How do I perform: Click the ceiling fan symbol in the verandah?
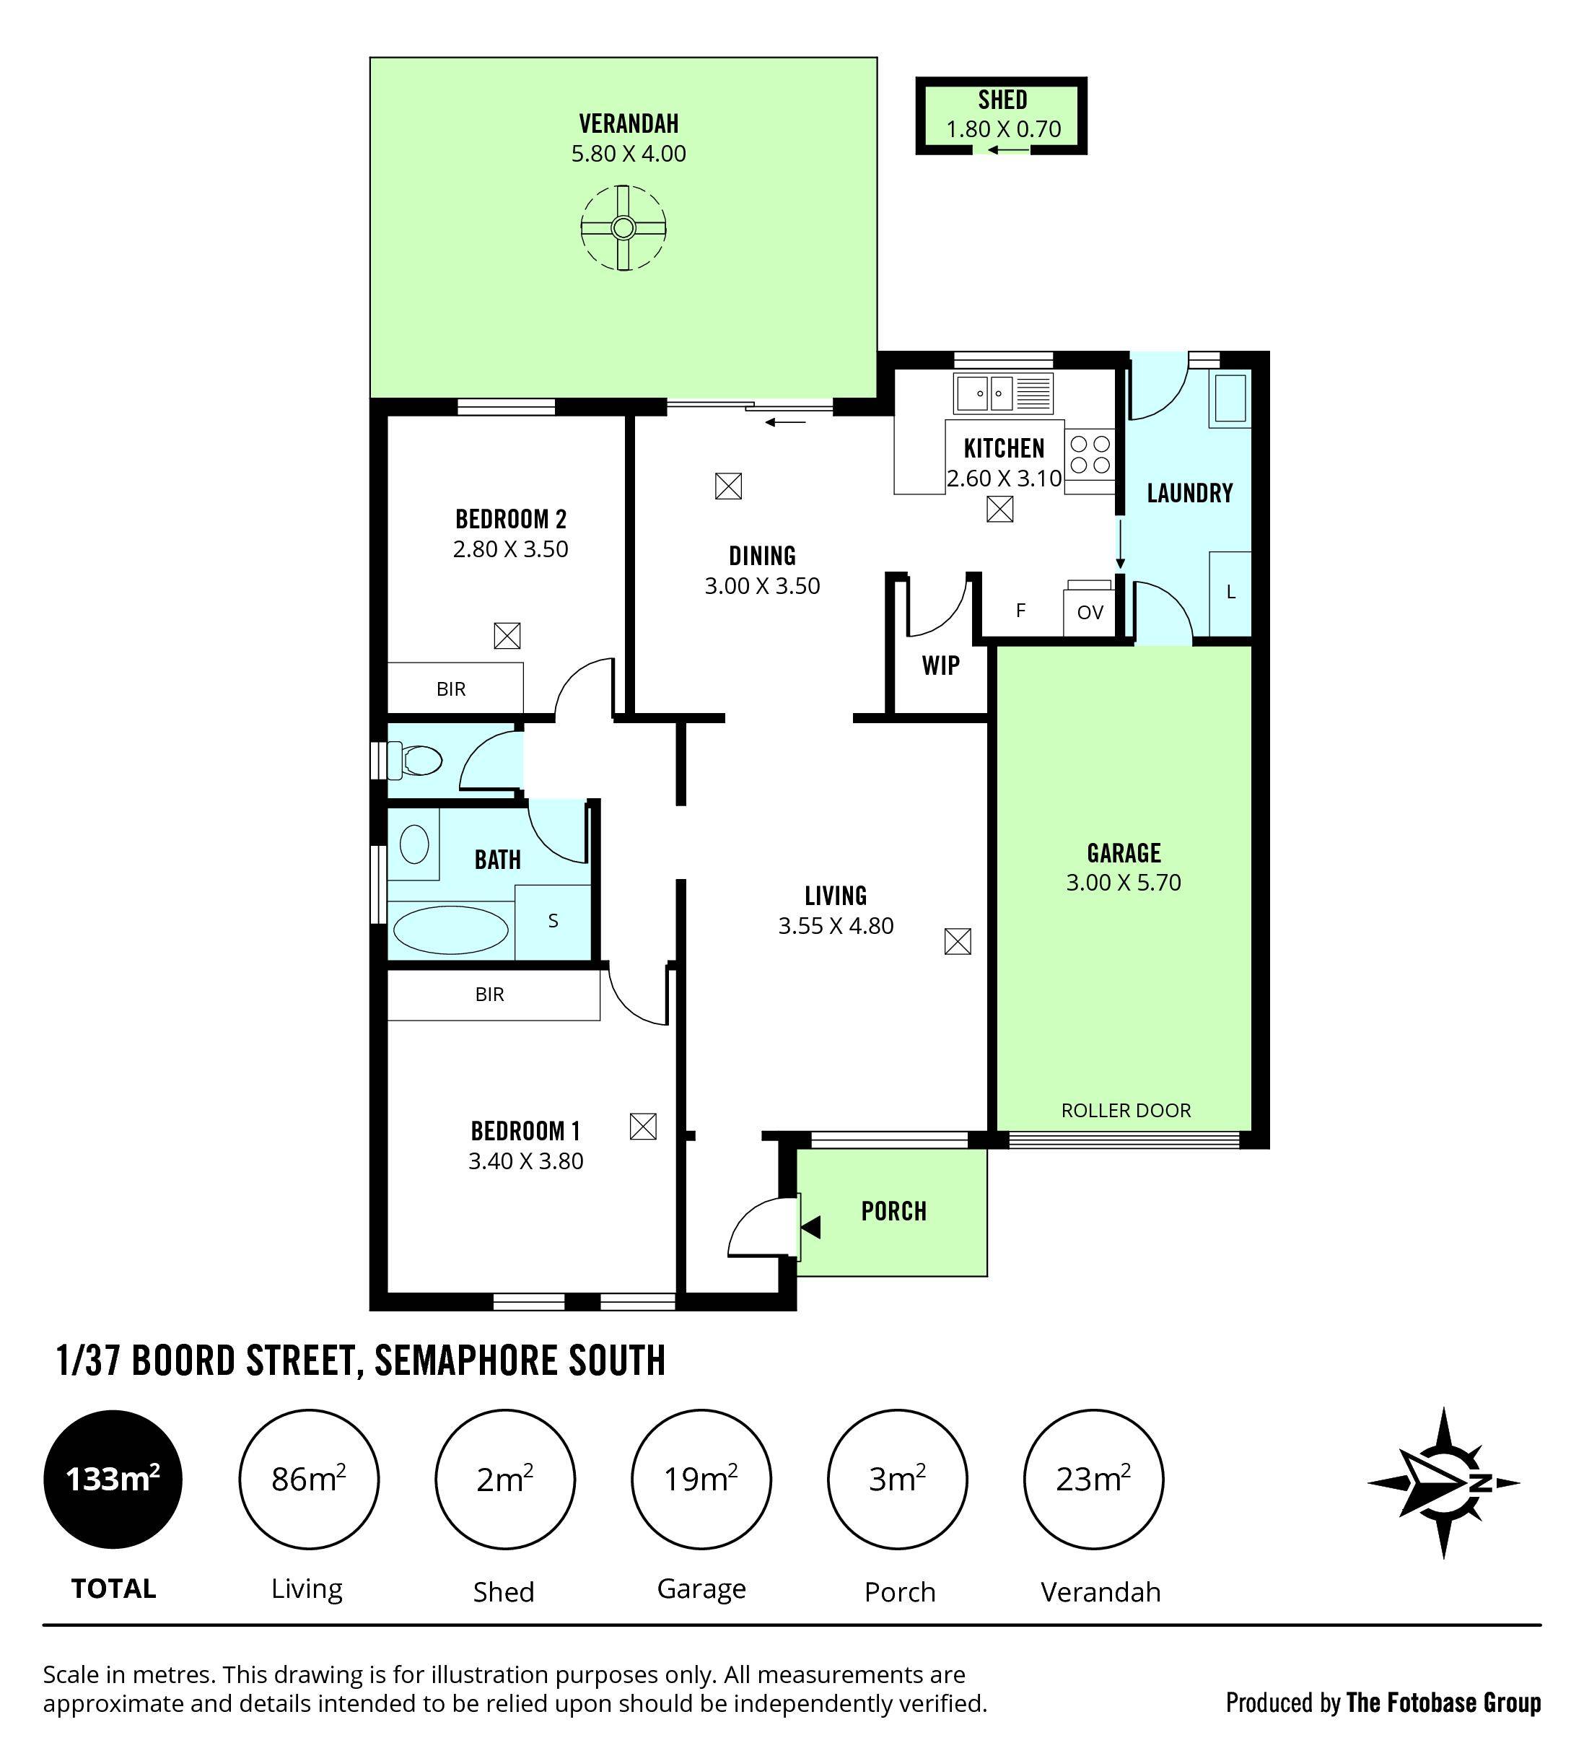(x=623, y=228)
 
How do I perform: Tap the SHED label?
(x=1002, y=100)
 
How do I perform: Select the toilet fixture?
(x=416, y=760)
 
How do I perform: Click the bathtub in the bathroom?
(x=450, y=930)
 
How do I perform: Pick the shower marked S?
(x=553, y=921)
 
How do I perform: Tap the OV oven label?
(x=1090, y=612)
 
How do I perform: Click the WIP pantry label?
(x=941, y=666)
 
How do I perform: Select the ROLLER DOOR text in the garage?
(x=1125, y=1110)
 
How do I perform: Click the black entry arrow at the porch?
(x=811, y=1228)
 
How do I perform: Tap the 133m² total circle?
(x=113, y=1479)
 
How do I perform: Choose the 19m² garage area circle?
(x=701, y=1479)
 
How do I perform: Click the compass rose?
(x=1443, y=1482)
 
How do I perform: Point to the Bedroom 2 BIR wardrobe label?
(x=451, y=689)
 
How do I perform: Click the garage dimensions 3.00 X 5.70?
(x=1124, y=883)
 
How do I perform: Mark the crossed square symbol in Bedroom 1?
(x=642, y=1127)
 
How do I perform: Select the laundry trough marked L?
(x=1230, y=592)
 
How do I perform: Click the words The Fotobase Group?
(x=1443, y=1703)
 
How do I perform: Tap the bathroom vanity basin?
(x=414, y=844)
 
